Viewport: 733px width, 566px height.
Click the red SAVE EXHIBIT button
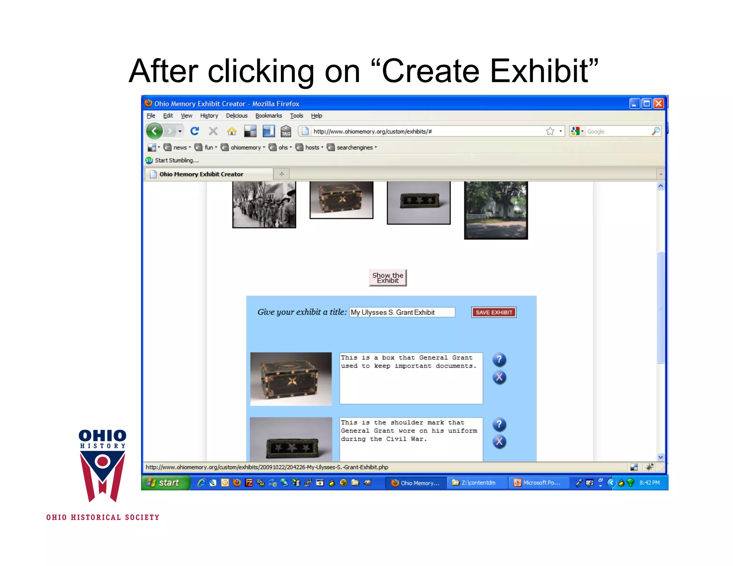point(494,312)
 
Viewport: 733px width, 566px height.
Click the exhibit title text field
point(402,312)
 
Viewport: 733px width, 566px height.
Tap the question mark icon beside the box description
point(499,360)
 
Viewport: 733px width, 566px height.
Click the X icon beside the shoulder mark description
point(499,442)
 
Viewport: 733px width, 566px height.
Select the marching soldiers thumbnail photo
point(264,204)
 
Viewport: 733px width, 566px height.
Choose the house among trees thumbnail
point(496,210)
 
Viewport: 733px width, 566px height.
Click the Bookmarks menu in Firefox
point(268,116)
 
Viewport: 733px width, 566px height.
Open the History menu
point(209,116)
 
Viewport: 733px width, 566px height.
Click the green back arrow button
point(155,131)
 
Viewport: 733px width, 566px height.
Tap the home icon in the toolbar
point(232,131)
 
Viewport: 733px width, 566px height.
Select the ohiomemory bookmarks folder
point(245,147)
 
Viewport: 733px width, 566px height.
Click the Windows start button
point(165,483)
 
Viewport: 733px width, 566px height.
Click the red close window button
point(659,104)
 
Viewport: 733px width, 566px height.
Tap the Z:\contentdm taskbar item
point(477,483)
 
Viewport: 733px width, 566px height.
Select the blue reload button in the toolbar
point(195,131)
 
